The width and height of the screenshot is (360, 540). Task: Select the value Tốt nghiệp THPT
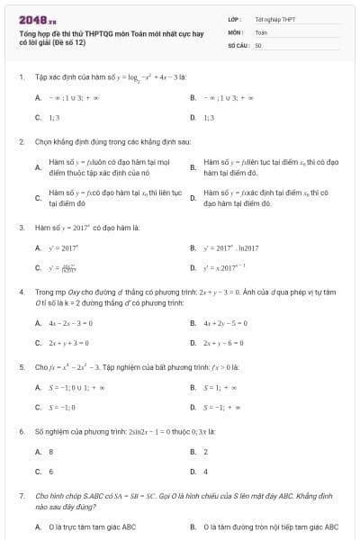(274, 19)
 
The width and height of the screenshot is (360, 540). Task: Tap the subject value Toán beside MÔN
(261, 31)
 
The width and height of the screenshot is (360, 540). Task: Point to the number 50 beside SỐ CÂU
(258, 44)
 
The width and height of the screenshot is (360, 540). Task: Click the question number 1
(22, 77)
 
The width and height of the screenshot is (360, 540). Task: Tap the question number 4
(22, 292)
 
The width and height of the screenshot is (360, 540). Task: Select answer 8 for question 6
(51, 452)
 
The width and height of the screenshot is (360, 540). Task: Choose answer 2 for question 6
(206, 452)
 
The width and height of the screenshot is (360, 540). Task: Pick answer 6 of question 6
(51, 472)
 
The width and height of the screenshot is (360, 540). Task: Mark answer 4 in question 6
(206, 472)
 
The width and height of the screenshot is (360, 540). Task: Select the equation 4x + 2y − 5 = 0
(229, 323)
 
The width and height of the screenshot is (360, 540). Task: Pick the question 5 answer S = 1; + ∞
(221, 388)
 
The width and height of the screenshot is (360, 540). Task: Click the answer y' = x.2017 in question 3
(227, 267)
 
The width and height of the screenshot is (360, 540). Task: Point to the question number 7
(22, 496)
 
